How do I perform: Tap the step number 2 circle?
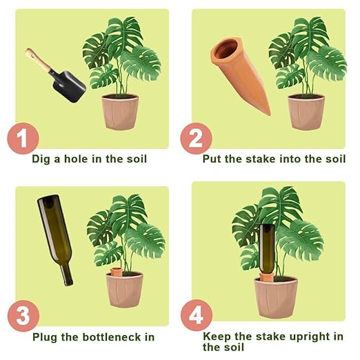(x=196, y=139)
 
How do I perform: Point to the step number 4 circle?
(x=196, y=317)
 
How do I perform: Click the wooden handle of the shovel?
(x=39, y=61)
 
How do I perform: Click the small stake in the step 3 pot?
(x=117, y=270)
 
